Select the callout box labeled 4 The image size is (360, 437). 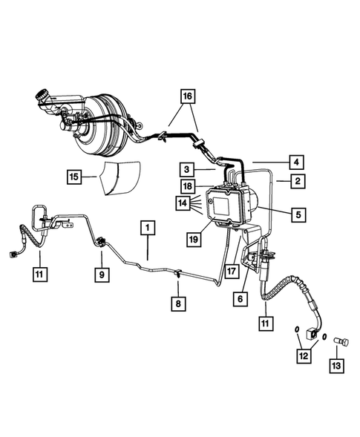pyautogui.click(x=295, y=161)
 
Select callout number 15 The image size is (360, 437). pyautogui.click(x=73, y=177)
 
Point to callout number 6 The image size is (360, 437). pyautogui.click(x=240, y=298)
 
